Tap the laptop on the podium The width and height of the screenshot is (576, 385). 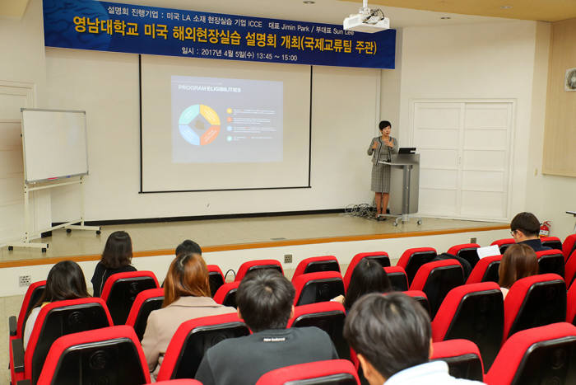(x=406, y=152)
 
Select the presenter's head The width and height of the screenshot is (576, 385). (x=383, y=128)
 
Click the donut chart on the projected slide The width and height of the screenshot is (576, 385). (x=199, y=124)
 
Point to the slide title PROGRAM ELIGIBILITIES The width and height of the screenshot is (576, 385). (x=209, y=89)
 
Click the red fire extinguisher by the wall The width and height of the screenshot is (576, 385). (x=544, y=228)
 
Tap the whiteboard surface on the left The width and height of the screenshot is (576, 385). (x=54, y=145)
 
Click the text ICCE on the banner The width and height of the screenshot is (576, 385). (x=250, y=26)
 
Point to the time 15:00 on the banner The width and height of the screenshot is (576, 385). (x=289, y=58)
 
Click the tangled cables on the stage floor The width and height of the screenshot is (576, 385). (x=362, y=212)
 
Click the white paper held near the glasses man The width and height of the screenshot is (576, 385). (x=488, y=251)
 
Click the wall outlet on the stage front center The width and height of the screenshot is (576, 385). (x=288, y=258)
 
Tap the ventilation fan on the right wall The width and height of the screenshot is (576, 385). (x=570, y=79)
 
